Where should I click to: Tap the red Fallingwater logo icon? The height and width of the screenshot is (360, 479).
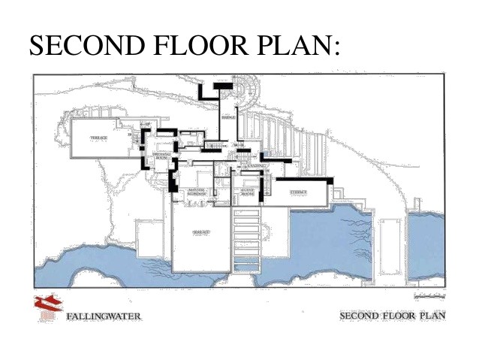click(45, 308)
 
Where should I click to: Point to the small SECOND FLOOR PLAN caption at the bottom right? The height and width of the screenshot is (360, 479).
click(393, 315)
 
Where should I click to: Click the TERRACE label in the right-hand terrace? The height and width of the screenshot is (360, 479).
click(299, 193)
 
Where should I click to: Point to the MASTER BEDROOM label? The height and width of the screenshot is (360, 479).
click(197, 191)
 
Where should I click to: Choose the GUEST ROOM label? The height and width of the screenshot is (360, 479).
click(247, 192)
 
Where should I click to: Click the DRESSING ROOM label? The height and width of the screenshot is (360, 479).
click(160, 155)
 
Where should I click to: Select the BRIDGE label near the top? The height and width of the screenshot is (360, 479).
click(228, 117)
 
